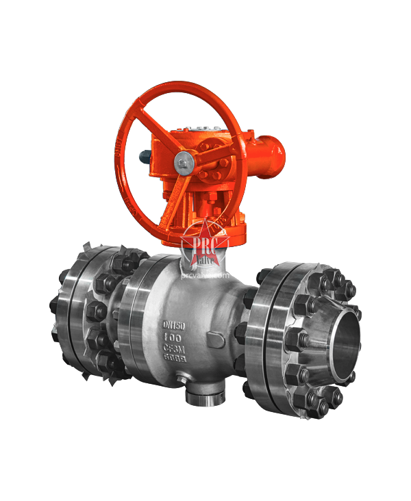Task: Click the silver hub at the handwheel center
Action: (184, 162)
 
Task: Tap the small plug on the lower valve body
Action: (181, 381)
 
